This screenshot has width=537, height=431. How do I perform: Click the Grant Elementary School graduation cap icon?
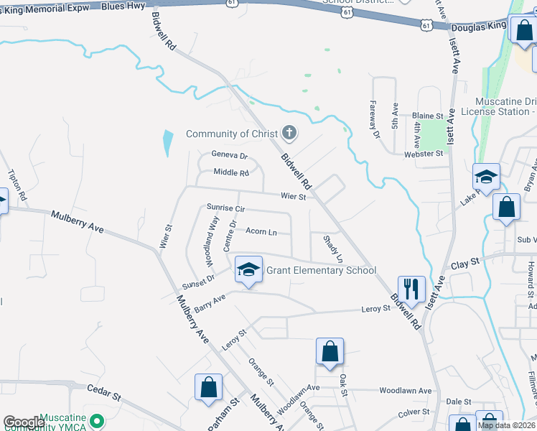(248, 269)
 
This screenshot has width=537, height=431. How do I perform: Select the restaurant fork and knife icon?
(411, 289)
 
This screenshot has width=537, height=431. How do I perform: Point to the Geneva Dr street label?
(229, 155)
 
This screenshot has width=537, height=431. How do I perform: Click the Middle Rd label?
(231, 172)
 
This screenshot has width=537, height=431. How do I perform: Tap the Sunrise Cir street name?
(226, 208)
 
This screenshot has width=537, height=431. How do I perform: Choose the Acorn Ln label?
(261, 232)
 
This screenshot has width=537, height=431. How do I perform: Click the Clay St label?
(464, 264)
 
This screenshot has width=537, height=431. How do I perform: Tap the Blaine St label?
(428, 116)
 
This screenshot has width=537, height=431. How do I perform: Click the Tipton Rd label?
(17, 185)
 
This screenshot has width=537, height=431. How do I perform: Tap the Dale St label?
(452, 402)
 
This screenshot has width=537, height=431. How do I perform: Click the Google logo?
(24, 422)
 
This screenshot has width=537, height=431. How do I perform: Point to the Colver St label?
(413, 412)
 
